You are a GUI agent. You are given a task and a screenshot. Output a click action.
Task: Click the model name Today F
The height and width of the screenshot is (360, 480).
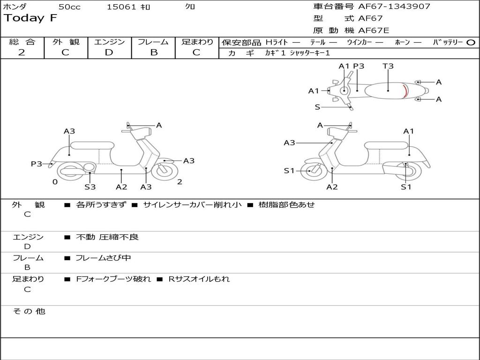[30, 18]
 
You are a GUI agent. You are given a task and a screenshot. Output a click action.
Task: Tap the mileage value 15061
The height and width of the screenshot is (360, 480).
[121, 7]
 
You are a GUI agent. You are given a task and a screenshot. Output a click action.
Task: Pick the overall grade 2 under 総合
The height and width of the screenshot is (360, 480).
[22, 52]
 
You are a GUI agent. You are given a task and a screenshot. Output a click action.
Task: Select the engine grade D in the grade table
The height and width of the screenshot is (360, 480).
[109, 52]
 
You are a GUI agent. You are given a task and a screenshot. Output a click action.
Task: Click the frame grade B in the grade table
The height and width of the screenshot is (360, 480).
[153, 52]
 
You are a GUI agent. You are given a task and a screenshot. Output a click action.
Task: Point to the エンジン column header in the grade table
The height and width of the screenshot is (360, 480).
[109, 42]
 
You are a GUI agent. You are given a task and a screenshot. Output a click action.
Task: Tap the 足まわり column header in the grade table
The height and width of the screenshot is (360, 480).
[197, 42]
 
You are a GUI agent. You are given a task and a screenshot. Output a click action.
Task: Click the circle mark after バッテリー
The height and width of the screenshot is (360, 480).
[471, 42]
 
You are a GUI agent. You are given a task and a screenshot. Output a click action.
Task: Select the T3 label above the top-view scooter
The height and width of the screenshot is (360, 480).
[388, 66]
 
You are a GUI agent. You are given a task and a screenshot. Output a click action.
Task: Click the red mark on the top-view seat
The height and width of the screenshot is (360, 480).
[406, 90]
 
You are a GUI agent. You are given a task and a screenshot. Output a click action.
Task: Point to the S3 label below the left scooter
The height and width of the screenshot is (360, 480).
[90, 187]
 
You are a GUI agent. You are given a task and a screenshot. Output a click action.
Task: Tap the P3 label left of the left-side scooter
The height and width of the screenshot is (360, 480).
[37, 164]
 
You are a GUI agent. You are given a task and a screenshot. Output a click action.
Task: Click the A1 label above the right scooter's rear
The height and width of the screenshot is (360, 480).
[409, 131]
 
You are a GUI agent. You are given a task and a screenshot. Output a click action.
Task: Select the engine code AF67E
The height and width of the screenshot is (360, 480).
[374, 30]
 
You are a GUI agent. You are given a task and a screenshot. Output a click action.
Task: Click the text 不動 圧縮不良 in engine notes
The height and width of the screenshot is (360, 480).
[107, 237]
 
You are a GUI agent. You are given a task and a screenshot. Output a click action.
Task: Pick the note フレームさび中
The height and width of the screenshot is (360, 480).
[104, 258]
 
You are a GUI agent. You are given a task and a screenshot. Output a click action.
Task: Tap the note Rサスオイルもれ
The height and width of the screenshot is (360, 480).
[199, 279]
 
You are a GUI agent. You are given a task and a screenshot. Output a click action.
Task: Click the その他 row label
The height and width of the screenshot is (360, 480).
[29, 311]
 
